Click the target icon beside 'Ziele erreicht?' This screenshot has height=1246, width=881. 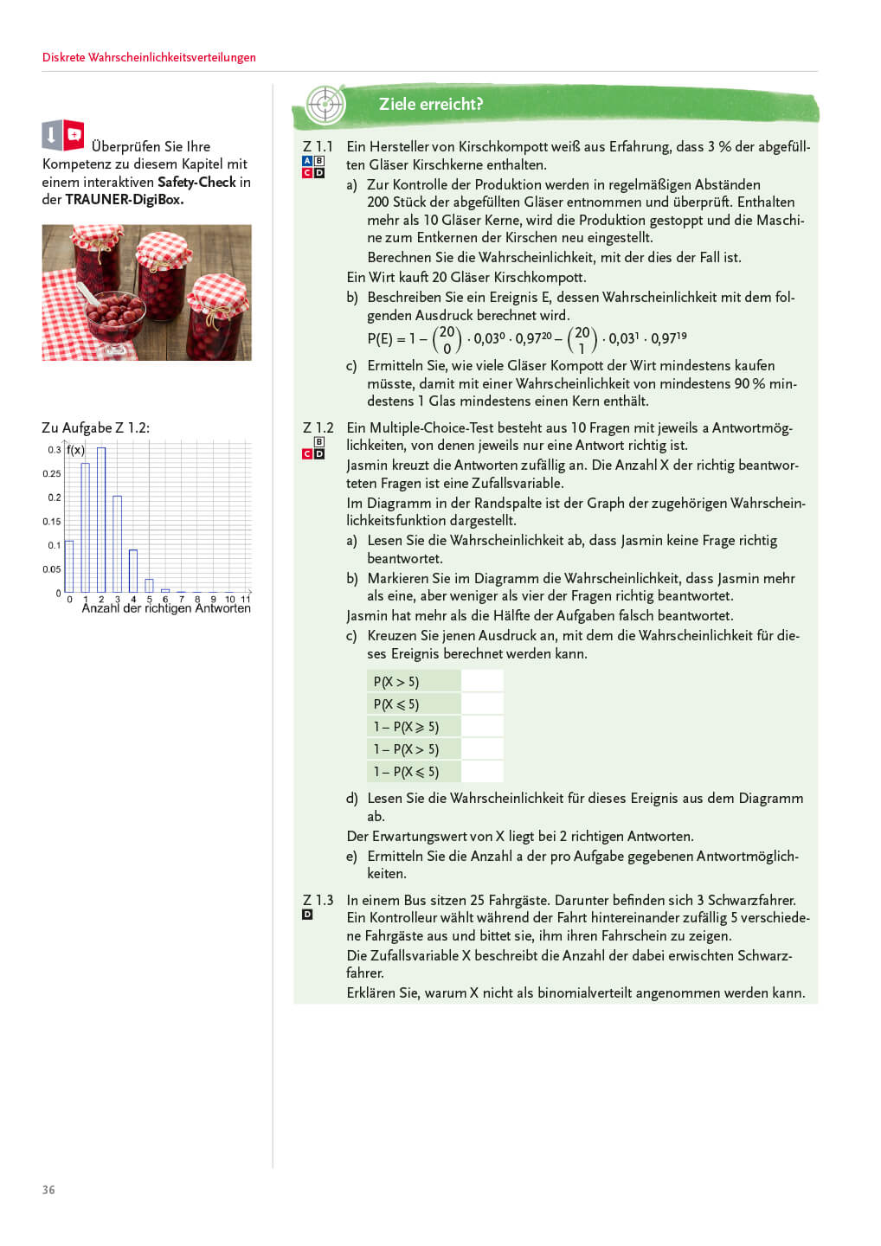[x=325, y=106]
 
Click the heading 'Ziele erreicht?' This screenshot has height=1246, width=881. [x=430, y=105]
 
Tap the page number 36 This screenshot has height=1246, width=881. [x=48, y=1190]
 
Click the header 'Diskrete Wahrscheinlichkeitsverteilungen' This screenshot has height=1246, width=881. [x=149, y=58]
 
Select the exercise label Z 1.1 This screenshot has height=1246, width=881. [x=318, y=147]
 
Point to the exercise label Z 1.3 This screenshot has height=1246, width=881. [x=318, y=900]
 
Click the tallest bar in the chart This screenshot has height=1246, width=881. [x=101, y=519]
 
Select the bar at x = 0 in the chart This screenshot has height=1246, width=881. [x=69, y=566]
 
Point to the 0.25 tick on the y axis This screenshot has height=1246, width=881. [x=52, y=474]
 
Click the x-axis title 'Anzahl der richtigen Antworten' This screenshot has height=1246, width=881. [x=166, y=608]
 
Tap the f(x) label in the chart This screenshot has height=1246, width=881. [x=76, y=450]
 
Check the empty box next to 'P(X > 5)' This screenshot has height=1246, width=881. [x=482, y=682]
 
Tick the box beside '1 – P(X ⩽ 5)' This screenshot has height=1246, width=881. [x=482, y=772]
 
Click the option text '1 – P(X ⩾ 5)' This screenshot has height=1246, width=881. [x=406, y=727]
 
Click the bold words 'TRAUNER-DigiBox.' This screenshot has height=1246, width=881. [x=125, y=200]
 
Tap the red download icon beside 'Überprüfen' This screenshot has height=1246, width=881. [x=74, y=134]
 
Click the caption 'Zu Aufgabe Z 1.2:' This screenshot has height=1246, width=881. [x=95, y=428]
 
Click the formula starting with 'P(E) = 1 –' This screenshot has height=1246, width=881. [x=526, y=339]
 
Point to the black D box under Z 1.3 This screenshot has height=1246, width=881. [x=307, y=915]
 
